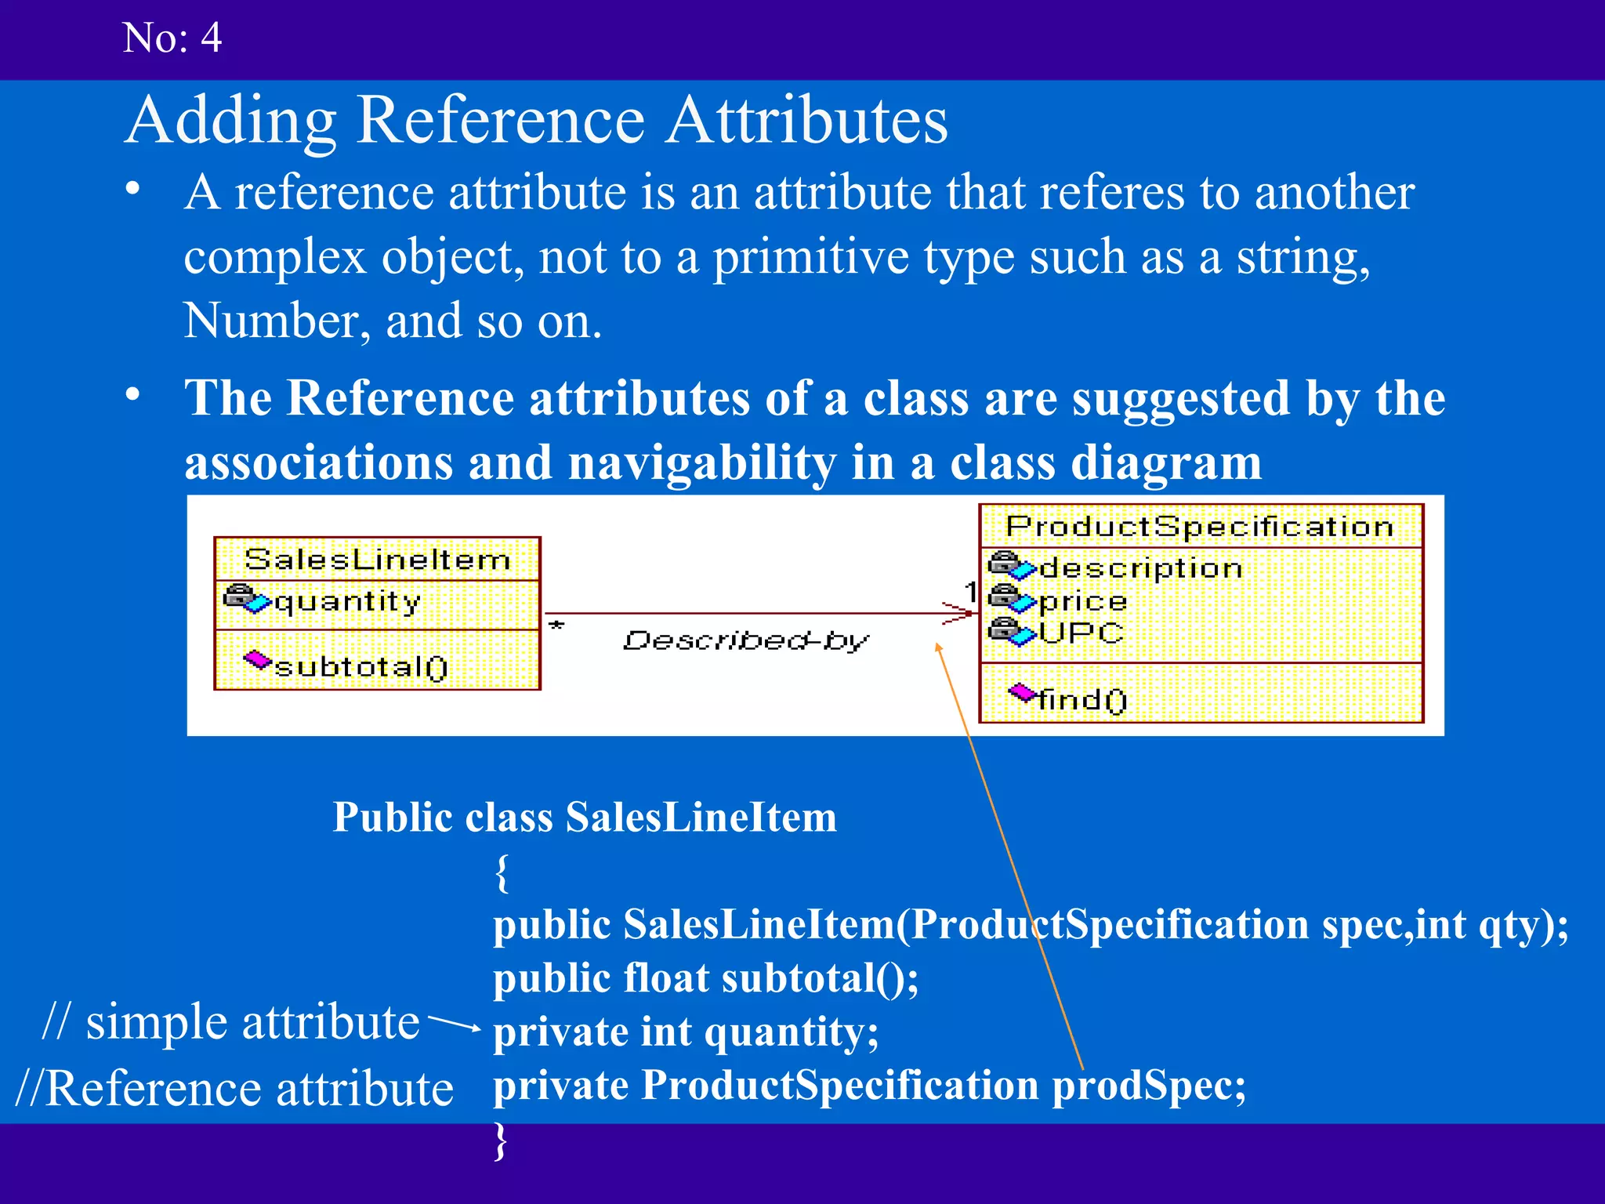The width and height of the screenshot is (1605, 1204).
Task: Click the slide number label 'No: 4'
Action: coord(172,38)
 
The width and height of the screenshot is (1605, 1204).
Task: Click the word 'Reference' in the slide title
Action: coord(501,121)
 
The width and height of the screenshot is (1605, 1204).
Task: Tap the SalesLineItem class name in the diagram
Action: coord(377,560)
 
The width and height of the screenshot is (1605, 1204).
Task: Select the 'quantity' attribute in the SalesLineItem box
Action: coord(347,602)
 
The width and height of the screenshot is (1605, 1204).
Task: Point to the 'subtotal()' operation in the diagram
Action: coord(360,667)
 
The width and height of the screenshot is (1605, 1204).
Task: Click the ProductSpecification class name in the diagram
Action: coord(1200,526)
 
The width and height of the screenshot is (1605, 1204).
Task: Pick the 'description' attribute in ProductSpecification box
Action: coord(1140,568)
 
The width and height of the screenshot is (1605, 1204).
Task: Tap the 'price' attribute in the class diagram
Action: coord(1082,601)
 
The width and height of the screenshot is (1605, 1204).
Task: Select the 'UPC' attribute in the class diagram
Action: coord(1081,633)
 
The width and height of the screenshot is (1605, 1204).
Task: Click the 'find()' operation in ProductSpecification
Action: coord(1081,699)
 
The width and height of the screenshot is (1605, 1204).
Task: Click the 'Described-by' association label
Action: coord(745,641)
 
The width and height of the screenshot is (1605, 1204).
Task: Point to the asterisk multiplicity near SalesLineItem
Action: coord(556,626)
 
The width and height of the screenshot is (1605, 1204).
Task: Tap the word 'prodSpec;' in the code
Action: coord(1148,1086)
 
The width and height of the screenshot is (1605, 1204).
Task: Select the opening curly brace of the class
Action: coord(502,872)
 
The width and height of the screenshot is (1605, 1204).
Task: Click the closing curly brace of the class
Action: coord(501,1141)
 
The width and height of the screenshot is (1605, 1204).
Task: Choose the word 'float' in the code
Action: coord(666,979)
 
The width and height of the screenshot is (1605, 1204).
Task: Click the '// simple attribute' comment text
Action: coord(231,1022)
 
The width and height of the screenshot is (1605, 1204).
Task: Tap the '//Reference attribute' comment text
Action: coord(234,1089)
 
